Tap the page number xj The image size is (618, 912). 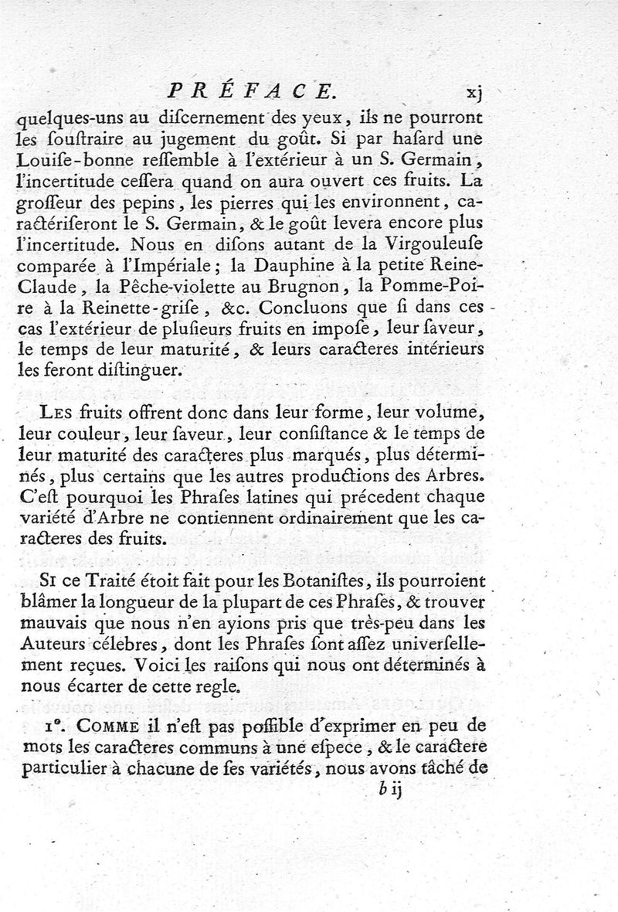pos(474,94)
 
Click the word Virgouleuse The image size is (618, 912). pos(438,243)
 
